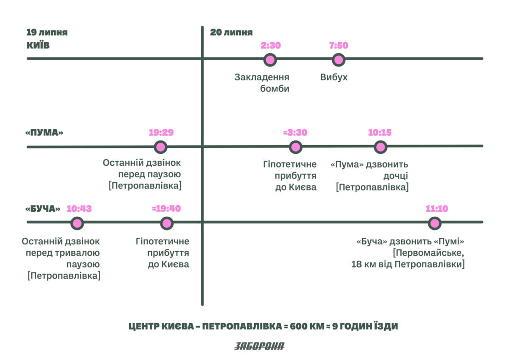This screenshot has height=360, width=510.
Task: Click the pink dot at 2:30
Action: pyautogui.click(x=270, y=60)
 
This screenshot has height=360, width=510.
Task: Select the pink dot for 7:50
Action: pyautogui.click(x=339, y=60)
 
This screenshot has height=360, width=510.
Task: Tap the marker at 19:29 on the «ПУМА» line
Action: pyautogui.click(x=160, y=147)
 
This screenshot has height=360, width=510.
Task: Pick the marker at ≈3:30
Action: pyautogui.click(x=295, y=147)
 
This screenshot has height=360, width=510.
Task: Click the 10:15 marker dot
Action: pyautogui.click(x=380, y=147)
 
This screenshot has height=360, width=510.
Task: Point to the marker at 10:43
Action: pyautogui.click(x=77, y=224)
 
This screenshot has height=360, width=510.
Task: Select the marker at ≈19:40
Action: pyautogui.click(x=166, y=224)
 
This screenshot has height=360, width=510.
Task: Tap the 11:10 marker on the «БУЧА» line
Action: pyautogui.click(x=435, y=224)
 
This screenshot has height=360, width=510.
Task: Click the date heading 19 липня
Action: pyautogui.click(x=47, y=33)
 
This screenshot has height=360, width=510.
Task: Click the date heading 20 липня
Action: pyautogui.click(x=231, y=33)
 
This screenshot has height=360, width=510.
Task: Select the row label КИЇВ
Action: pyautogui.click(x=38, y=45)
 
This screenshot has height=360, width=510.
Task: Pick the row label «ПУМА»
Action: pyautogui.click(x=44, y=133)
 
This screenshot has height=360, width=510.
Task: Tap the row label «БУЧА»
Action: pyautogui.click(x=43, y=209)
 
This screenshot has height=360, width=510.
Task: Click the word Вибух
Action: pyautogui.click(x=334, y=78)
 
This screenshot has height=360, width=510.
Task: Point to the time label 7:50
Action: pyautogui.click(x=339, y=45)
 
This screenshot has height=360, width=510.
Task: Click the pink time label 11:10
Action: pyautogui.click(x=437, y=208)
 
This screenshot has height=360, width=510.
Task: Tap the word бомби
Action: pyautogui.click(x=274, y=89)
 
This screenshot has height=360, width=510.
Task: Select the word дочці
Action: pyautogui.click(x=396, y=176)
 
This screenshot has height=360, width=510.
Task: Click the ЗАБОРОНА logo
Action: pyautogui.click(x=260, y=346)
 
